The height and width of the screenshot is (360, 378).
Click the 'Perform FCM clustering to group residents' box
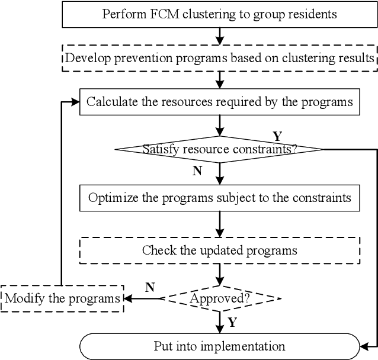219,14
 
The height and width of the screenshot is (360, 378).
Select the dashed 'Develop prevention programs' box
219,58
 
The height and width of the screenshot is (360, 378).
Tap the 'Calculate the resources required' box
219,101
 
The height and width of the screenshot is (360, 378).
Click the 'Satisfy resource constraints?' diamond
219,149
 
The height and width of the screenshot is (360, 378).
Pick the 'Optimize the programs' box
219,197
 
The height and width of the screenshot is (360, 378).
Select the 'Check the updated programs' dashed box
219,250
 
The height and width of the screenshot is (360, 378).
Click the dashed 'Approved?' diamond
219,298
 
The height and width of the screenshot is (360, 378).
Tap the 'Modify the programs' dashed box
62,298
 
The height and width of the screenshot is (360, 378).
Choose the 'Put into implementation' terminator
219,346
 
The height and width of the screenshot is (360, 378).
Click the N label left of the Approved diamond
150,288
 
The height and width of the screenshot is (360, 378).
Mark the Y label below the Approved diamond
232,323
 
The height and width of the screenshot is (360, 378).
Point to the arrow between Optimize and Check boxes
220,224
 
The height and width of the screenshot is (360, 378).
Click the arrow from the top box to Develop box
220,36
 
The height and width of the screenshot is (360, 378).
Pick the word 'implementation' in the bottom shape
248,346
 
